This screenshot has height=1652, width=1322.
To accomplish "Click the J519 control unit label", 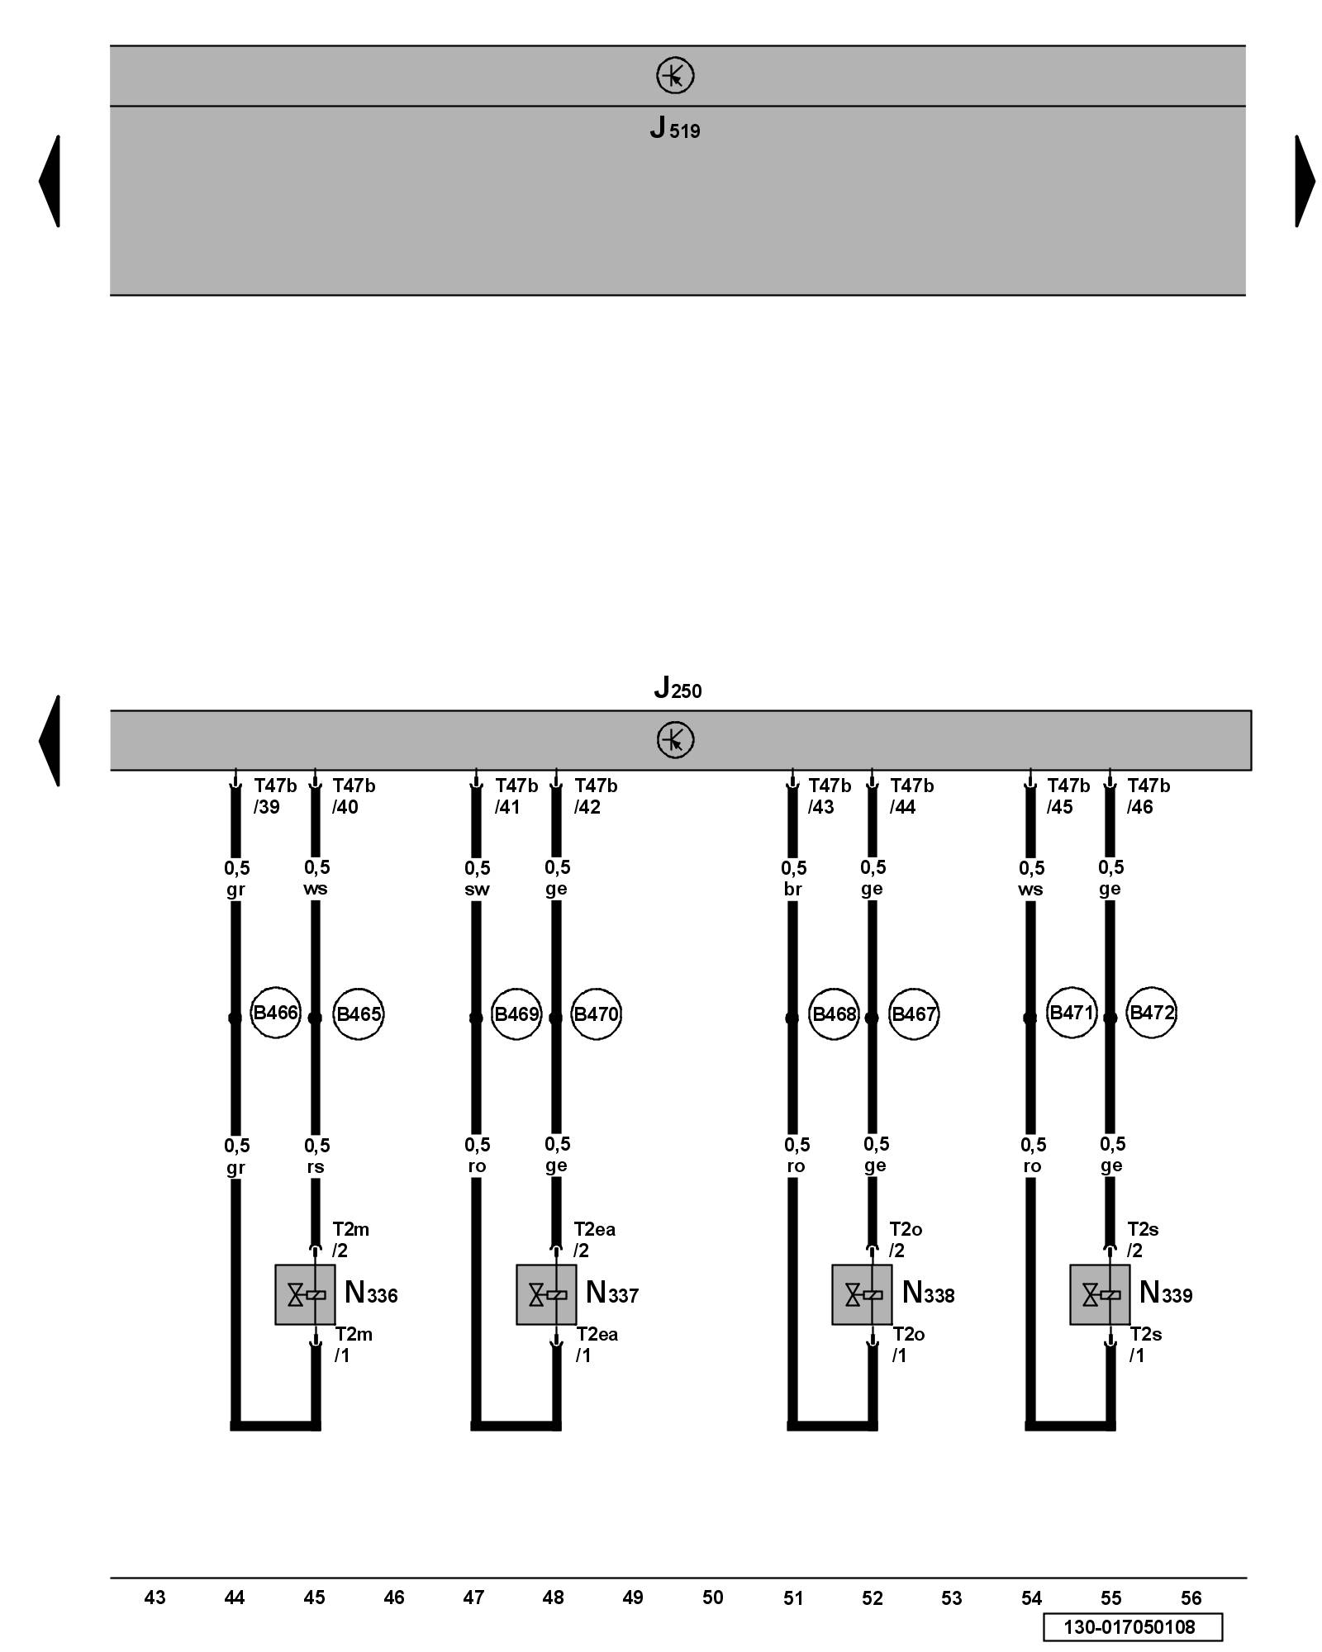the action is [x=675, y=129].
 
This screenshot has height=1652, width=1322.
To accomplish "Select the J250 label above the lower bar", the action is [x=678, y=687].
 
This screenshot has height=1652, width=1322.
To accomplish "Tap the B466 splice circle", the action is [x=275, y=1013].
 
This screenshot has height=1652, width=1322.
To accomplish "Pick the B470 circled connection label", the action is [x=596, y=1014].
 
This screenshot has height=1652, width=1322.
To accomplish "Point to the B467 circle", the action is [x=913, y=1014].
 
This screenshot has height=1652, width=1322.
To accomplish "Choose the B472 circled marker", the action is [x=1151, y=1013].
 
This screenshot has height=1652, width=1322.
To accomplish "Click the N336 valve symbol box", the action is [x=305, y=1294].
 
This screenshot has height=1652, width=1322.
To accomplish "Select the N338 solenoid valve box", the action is [x=862, y=1294].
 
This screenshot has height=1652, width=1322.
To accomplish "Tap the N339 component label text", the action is [x=1165, y=1293].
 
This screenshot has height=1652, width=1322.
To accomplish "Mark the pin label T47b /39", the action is [x=274, y=796].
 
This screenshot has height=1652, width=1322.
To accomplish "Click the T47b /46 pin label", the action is [x=1148, y=796].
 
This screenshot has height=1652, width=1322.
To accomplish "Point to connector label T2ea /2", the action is [x=594, y=1239].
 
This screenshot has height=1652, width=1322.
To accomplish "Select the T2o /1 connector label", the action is [x=908, y=1344].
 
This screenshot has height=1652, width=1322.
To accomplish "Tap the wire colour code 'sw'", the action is [x=477, y=890].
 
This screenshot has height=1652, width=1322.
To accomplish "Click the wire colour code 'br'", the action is [x=792, y=890].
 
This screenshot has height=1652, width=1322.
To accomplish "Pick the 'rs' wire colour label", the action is [x=316, y=1167].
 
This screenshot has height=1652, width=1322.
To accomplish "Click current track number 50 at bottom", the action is [x=712, y=1598].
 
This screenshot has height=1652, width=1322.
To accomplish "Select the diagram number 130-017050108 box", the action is [x=1132, y=1627].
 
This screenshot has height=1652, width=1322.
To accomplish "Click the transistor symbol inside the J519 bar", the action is [x=675, y=76].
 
